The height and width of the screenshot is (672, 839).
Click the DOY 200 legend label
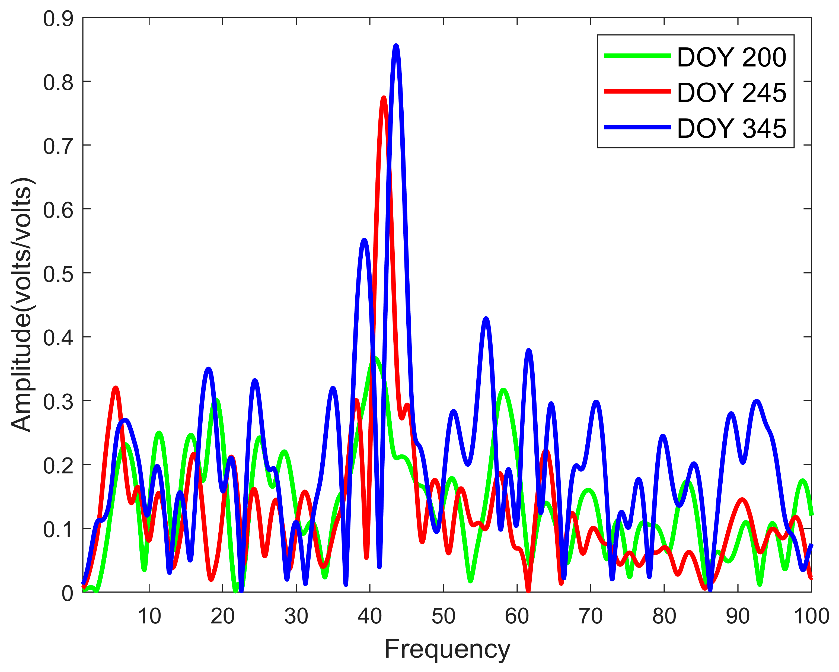tap(732, 58)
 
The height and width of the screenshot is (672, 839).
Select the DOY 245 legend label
tap(732, 93)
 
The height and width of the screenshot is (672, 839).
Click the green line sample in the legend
tap(637, 56)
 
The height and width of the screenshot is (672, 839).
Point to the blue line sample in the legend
tap(637, 127)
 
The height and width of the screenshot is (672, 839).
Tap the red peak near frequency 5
tap(116, 388)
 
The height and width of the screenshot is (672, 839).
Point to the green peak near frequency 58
tap(503, 390)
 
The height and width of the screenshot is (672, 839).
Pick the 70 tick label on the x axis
tap(590, 616)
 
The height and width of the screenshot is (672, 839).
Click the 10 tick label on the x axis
tap(149, 616)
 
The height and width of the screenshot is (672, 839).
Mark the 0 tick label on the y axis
tap(67, 593)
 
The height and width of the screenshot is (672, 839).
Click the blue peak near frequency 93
tap(757, 402)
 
